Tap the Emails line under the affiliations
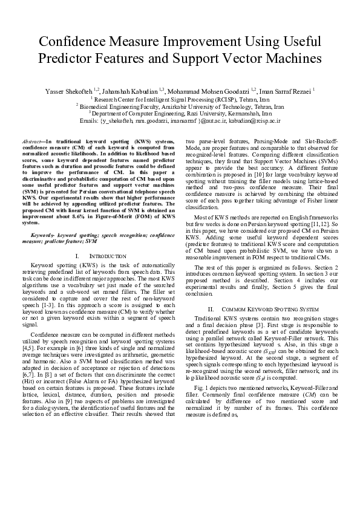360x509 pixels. click(180, 120)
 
